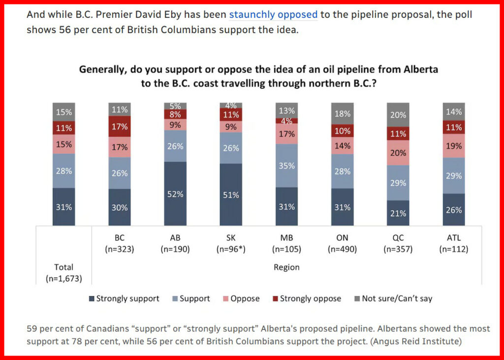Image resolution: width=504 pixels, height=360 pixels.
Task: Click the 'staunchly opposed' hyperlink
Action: click(273, 14)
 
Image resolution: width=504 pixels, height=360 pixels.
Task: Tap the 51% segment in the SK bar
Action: click(230, 195)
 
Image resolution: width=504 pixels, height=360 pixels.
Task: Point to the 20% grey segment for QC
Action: click(398, 115)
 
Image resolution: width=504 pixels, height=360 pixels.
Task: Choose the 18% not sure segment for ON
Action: click(342, 114)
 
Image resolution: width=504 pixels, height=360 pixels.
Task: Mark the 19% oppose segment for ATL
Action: click(454, 145)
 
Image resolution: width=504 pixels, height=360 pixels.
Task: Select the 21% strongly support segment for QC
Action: click(398, 213)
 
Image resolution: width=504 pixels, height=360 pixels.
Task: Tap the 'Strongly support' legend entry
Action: click(124, 298)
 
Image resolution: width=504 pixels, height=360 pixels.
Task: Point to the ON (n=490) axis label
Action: click(342, 243)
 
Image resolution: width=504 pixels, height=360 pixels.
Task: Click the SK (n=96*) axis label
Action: click(230, 243)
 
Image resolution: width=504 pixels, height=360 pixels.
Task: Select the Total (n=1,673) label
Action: click(63, 272)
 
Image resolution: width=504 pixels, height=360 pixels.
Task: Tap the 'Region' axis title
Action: click(286, 267)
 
